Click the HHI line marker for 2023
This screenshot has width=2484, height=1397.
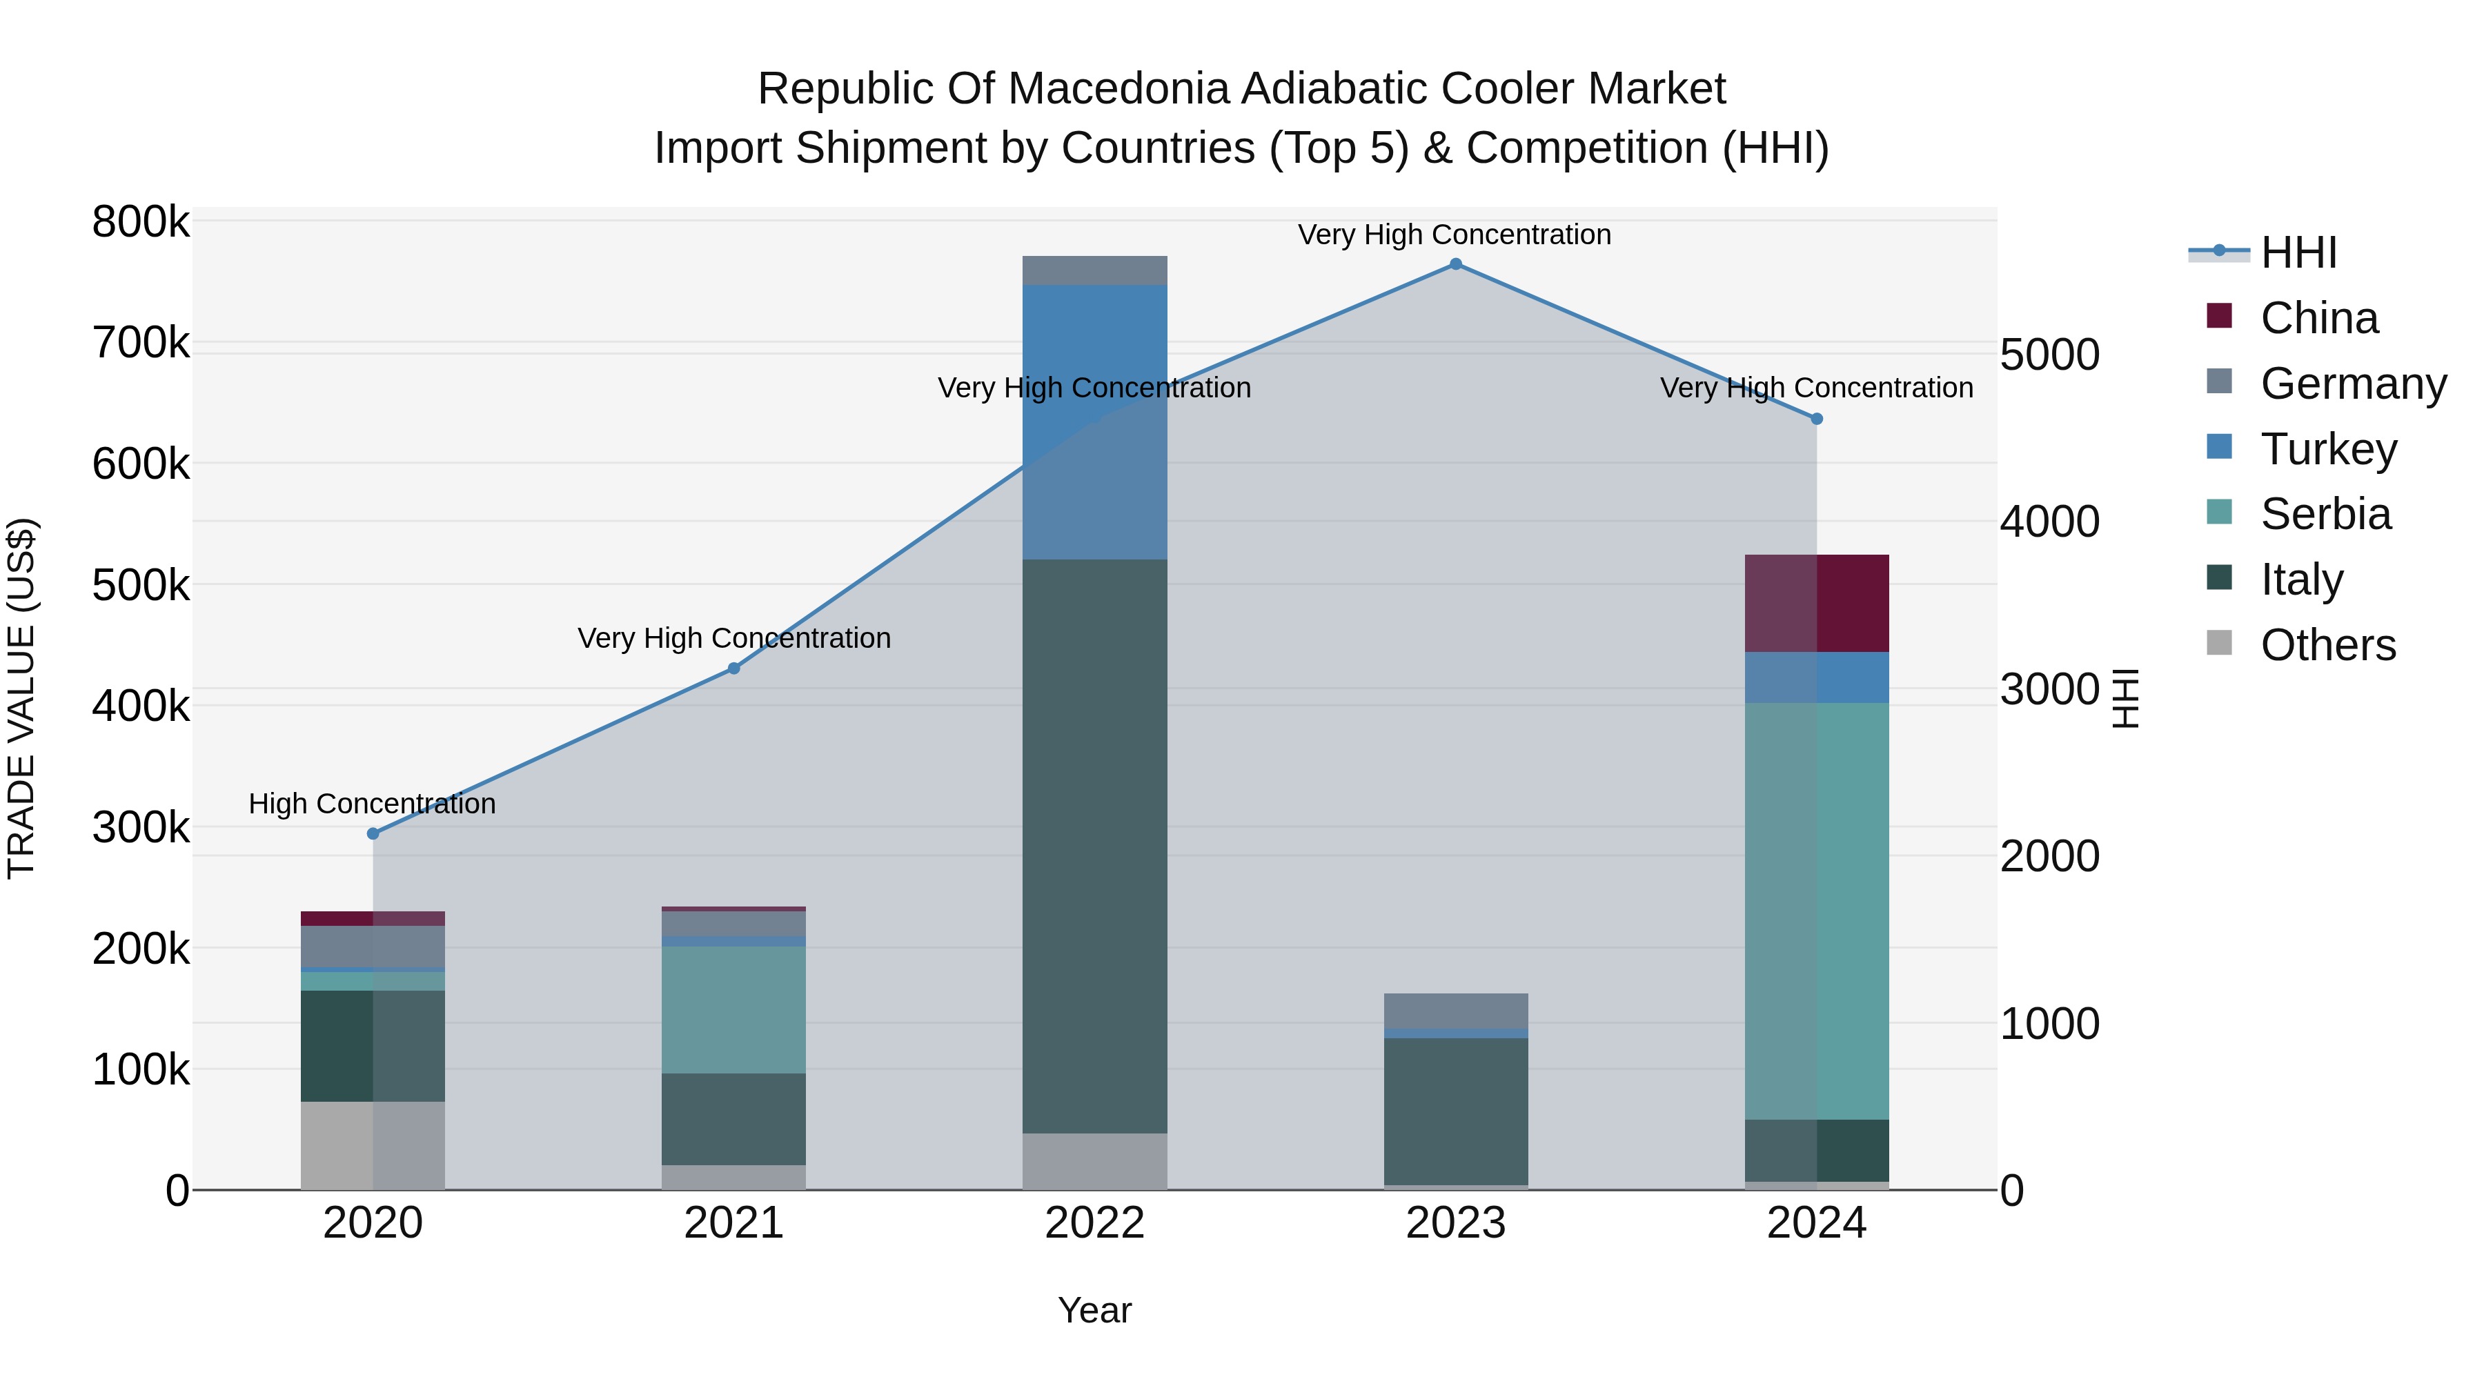1455,264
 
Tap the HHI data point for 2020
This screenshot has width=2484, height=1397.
373,833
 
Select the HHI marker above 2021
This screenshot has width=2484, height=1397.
734,668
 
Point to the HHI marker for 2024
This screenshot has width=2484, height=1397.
1817,419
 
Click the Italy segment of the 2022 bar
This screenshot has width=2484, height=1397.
1094,846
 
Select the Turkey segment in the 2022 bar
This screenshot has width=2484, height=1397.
1094,422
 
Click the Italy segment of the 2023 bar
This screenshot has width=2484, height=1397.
1455,1111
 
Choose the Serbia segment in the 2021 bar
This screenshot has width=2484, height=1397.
734,1009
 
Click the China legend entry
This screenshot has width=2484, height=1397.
2318,318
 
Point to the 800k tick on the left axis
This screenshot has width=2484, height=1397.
141,223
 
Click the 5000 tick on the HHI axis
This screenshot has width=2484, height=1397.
2049,355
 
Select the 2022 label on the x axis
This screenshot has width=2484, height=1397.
1094,1223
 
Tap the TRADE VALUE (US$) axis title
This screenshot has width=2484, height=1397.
22,698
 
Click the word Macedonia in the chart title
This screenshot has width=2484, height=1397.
1118,89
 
